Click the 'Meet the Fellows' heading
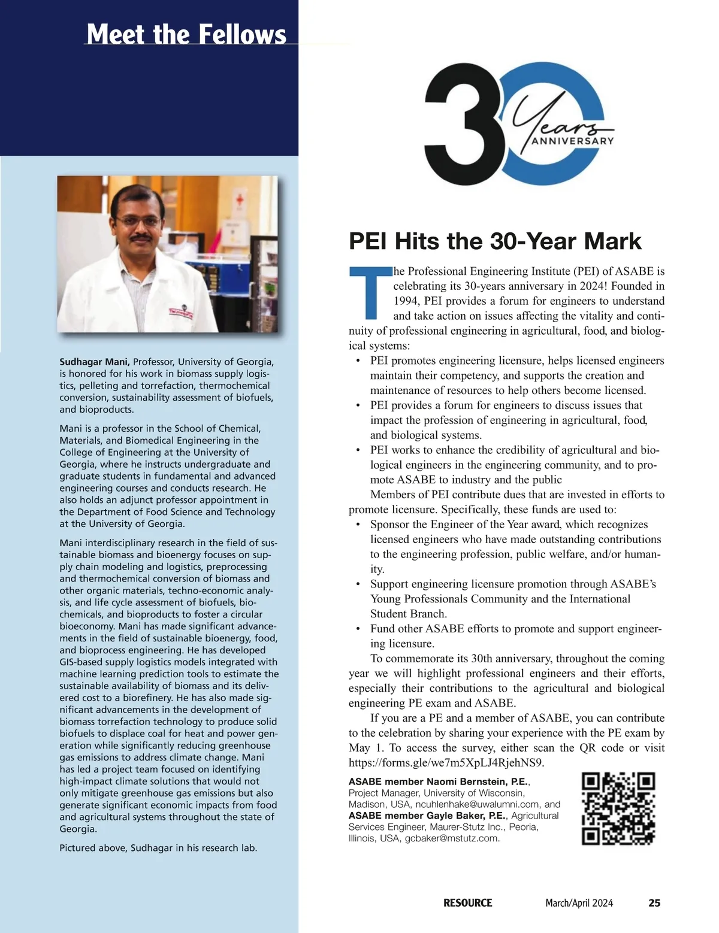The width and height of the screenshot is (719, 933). click(186, 34)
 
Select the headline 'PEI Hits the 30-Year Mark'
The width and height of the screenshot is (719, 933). click(495, 241)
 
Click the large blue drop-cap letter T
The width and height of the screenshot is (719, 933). click(370, 294)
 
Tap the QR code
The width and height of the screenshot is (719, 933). click(618, 808)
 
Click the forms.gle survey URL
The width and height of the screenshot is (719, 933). click(446, 763)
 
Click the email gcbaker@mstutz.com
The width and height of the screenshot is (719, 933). click(452, 838)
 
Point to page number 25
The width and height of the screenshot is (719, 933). click(654, 903)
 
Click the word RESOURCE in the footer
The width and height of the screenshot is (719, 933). click(467, 903)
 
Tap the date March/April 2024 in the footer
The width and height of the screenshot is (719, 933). click(579, 903)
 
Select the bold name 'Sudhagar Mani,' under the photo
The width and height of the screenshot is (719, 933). click(95, 362)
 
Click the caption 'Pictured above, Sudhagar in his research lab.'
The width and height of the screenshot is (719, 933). click(158, 848)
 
